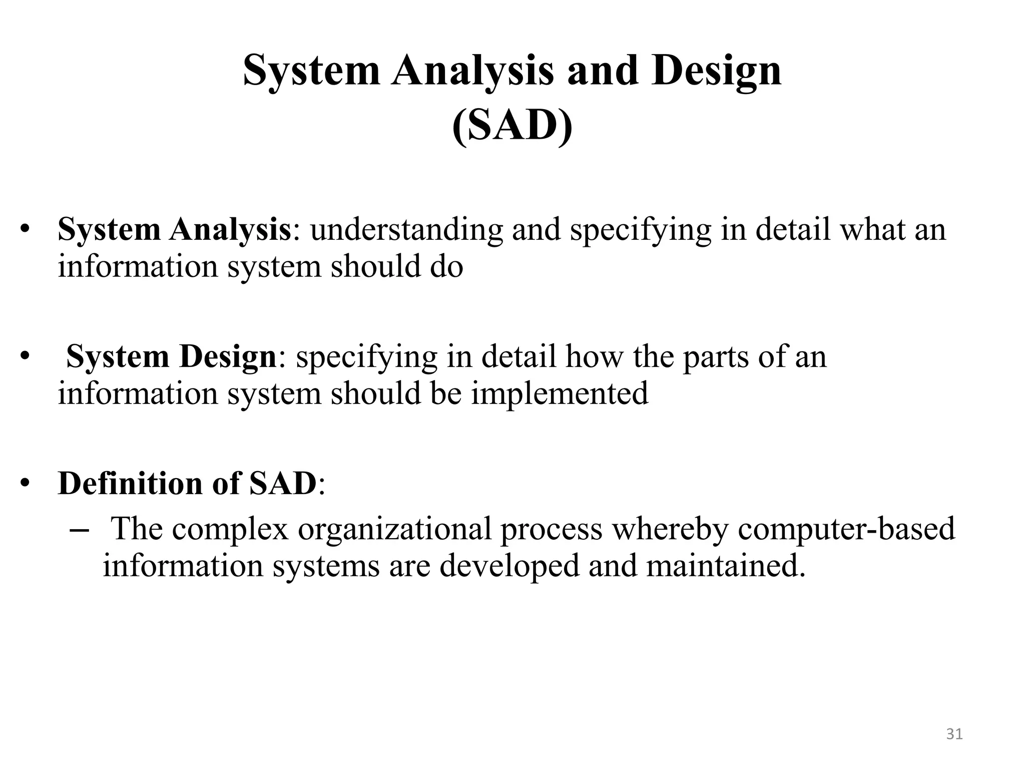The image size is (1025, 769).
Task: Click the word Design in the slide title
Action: tap(716, 72)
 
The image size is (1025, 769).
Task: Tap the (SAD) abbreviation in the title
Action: tap(512, 127)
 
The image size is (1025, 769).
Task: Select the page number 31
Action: tap(954, 734)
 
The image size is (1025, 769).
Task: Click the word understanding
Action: tap(406, 230)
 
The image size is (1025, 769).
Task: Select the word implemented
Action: tap(559, 394)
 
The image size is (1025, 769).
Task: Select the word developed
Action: tap(509, 566)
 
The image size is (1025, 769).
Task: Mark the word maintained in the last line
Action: tap(725, 566)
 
